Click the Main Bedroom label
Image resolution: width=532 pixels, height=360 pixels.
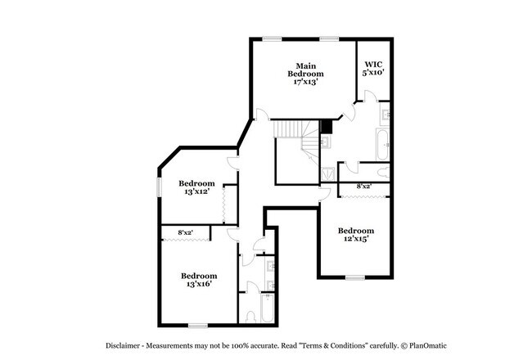click(x=305, y=73)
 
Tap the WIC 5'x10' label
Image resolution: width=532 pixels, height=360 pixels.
click(x=373, y=68)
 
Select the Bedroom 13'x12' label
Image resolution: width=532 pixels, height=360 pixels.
click(x=196, y=187)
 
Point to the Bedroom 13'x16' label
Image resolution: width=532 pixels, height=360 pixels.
click(x=199, y=280)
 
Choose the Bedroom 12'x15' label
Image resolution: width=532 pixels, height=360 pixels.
click(x=356, y=235)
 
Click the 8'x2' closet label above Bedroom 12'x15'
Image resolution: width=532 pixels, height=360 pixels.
click(x=364, y=187)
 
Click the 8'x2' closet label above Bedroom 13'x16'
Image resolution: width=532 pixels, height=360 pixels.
click(x=187, y=233)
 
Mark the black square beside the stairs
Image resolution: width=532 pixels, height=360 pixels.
click(x=327, y=126)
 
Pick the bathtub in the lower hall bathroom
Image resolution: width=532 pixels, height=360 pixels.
click(x=251, y=311)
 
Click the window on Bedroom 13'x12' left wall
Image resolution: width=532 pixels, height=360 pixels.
click(x=158, y=187)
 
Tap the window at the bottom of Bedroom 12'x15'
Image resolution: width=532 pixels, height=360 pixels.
click(x=354, y=277)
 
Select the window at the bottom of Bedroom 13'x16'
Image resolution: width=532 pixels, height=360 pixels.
click(x=196, y=326)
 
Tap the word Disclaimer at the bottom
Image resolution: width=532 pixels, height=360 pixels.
click(x=129, y=345)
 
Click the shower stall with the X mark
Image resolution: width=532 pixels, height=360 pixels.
click(x=327, y=173)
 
